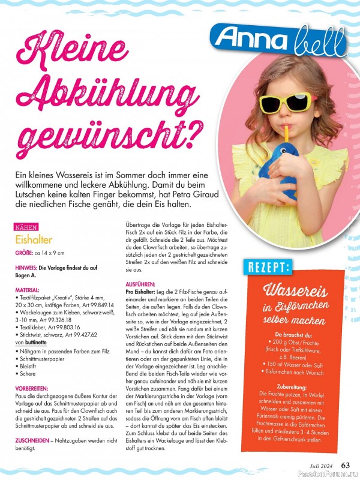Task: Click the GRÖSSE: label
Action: click(x=26, y=253)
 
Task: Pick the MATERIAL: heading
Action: click(x=28, y=289)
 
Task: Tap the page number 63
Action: click(x=346, y=464)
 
